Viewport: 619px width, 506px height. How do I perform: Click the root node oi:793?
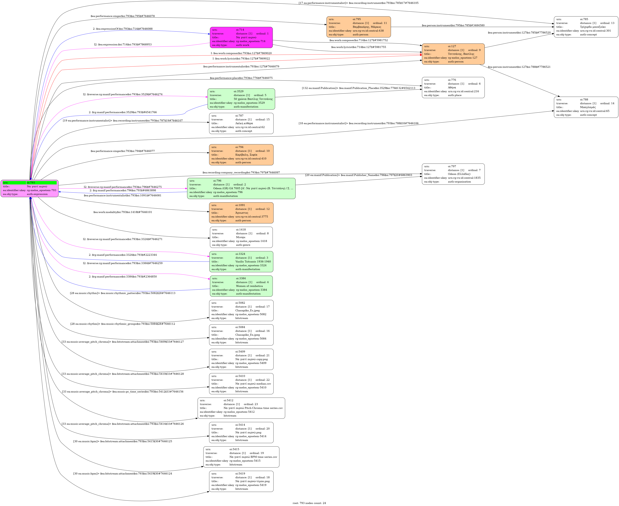click(30, 188)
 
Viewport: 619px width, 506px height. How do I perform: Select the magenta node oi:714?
click(241, 37)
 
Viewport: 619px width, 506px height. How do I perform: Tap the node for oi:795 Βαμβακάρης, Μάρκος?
click(358, 27)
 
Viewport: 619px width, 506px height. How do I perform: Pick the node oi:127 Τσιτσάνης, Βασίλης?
click(453, 54)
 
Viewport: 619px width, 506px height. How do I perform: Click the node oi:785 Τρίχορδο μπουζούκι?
click(586, 27)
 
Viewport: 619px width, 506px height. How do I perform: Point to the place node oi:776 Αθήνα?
click(453, 87)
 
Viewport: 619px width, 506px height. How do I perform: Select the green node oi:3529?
click(241, 99)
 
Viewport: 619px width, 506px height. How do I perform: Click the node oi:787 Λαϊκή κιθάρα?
click(241, 123)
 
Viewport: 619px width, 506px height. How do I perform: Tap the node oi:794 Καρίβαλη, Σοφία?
click(241, 155)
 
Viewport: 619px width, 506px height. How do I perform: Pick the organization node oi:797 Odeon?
click(453, 174)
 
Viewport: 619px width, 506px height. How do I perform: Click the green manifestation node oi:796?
click(241, 188)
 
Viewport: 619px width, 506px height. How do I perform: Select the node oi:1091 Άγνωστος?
click(241, 213)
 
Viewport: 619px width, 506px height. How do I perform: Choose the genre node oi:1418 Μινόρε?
click(241, 237)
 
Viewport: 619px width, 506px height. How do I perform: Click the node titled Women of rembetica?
click(241, 286)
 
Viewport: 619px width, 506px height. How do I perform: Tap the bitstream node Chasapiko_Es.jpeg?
click(241, 310)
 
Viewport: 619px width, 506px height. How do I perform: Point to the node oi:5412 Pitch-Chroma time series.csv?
click(241, 408)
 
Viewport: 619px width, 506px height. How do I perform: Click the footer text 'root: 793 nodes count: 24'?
click(309, 503)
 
